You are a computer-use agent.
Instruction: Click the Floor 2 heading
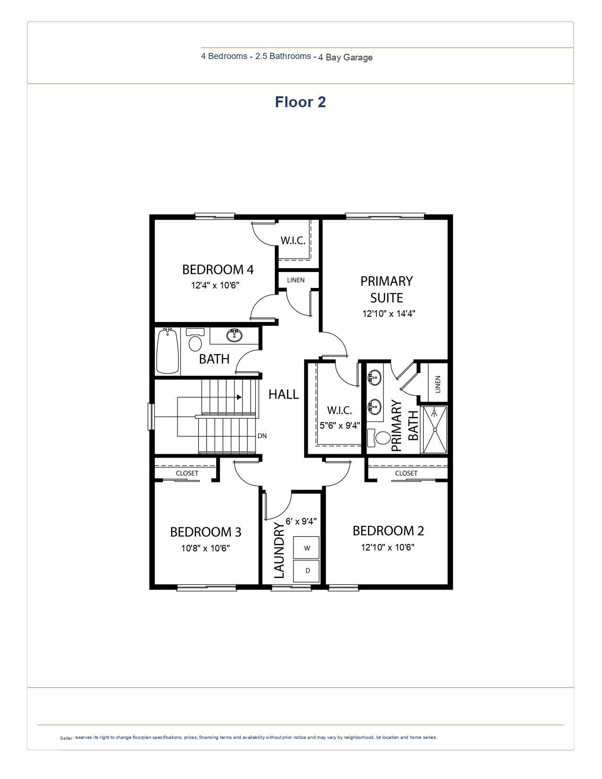[300, 102]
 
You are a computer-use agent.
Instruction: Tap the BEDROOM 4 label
[218, 270]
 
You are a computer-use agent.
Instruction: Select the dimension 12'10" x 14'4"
[389, 313]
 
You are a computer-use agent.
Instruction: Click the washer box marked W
[306, 548]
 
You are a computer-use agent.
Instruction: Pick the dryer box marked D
[306, 570]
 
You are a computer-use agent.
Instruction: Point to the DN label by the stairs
[262, 436]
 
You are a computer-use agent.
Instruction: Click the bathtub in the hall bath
[168, 351]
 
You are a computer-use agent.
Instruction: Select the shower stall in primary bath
[434, 430]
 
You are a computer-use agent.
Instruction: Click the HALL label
[283, 394]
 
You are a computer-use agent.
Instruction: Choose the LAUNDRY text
[279, 550]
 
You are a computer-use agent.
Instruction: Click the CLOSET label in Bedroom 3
[187, 473]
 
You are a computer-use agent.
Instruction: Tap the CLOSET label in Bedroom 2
[406, 473]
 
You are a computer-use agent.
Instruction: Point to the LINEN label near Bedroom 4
[296, 280]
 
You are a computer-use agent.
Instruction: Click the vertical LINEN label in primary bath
[438, 384]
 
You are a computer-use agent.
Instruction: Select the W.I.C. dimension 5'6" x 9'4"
[339, 425]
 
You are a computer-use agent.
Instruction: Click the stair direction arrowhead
[239, 397]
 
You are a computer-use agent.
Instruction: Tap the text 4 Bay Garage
[345, 58]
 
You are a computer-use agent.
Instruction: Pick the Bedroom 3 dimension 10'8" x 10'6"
[205, 548]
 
